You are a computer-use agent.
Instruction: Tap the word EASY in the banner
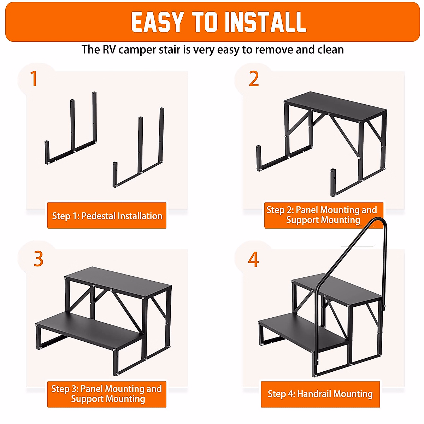pos(158,22)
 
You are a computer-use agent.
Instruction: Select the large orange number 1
pos(34,79)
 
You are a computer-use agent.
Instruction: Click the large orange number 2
pos(254,79)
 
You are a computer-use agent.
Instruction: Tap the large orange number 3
pos(38,259)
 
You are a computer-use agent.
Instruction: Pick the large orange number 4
pos(253,259)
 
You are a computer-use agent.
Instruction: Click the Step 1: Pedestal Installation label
pos(107,216)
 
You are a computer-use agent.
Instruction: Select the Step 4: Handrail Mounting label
pos(320,394)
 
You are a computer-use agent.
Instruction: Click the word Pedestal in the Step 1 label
pos(98,216)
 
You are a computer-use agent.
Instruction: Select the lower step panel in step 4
pos(304,330)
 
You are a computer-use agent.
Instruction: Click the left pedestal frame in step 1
pos(71,128)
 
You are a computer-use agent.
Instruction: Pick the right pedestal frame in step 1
pos(139,147)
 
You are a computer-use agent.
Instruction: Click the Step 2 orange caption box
pos(323,216)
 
